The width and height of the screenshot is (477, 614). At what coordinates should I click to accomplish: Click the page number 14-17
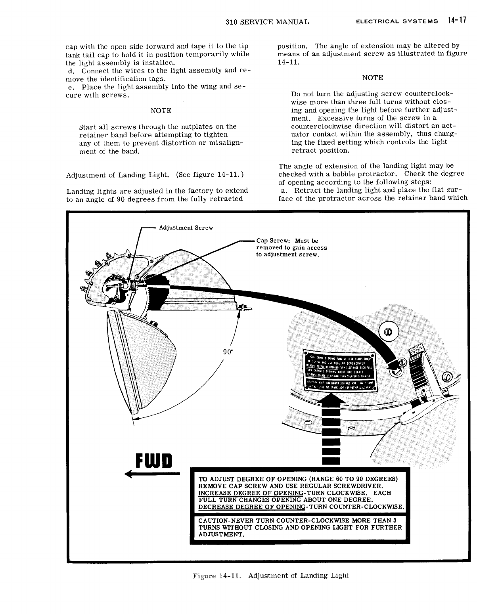[x=456, y=21]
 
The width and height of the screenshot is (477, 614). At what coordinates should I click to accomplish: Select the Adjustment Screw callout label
[x=186, y=228]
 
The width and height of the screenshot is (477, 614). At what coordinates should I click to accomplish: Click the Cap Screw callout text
[x=291, y=247]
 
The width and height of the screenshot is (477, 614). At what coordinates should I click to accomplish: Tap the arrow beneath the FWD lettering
[x=152, y=474]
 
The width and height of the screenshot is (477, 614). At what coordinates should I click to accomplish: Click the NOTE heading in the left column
[x=161, y=111]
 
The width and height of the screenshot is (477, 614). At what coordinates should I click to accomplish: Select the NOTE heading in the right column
[x=372, y=78]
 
